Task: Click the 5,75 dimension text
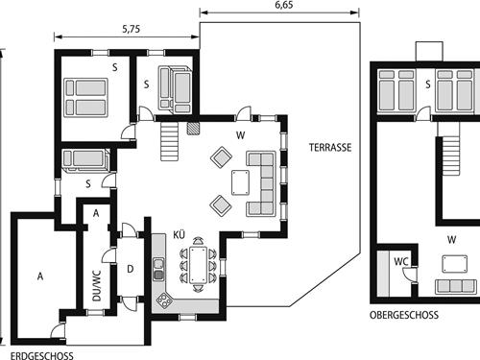[131, 30]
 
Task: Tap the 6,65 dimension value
[283, 6]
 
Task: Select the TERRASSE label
[330, 148]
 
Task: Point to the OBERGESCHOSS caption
[403, 315]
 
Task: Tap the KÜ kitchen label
[179, 234]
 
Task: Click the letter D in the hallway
[131, 269]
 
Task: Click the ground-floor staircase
[171, 142]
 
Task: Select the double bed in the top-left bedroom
[84, 96]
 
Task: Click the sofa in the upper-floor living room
[454, 285]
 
